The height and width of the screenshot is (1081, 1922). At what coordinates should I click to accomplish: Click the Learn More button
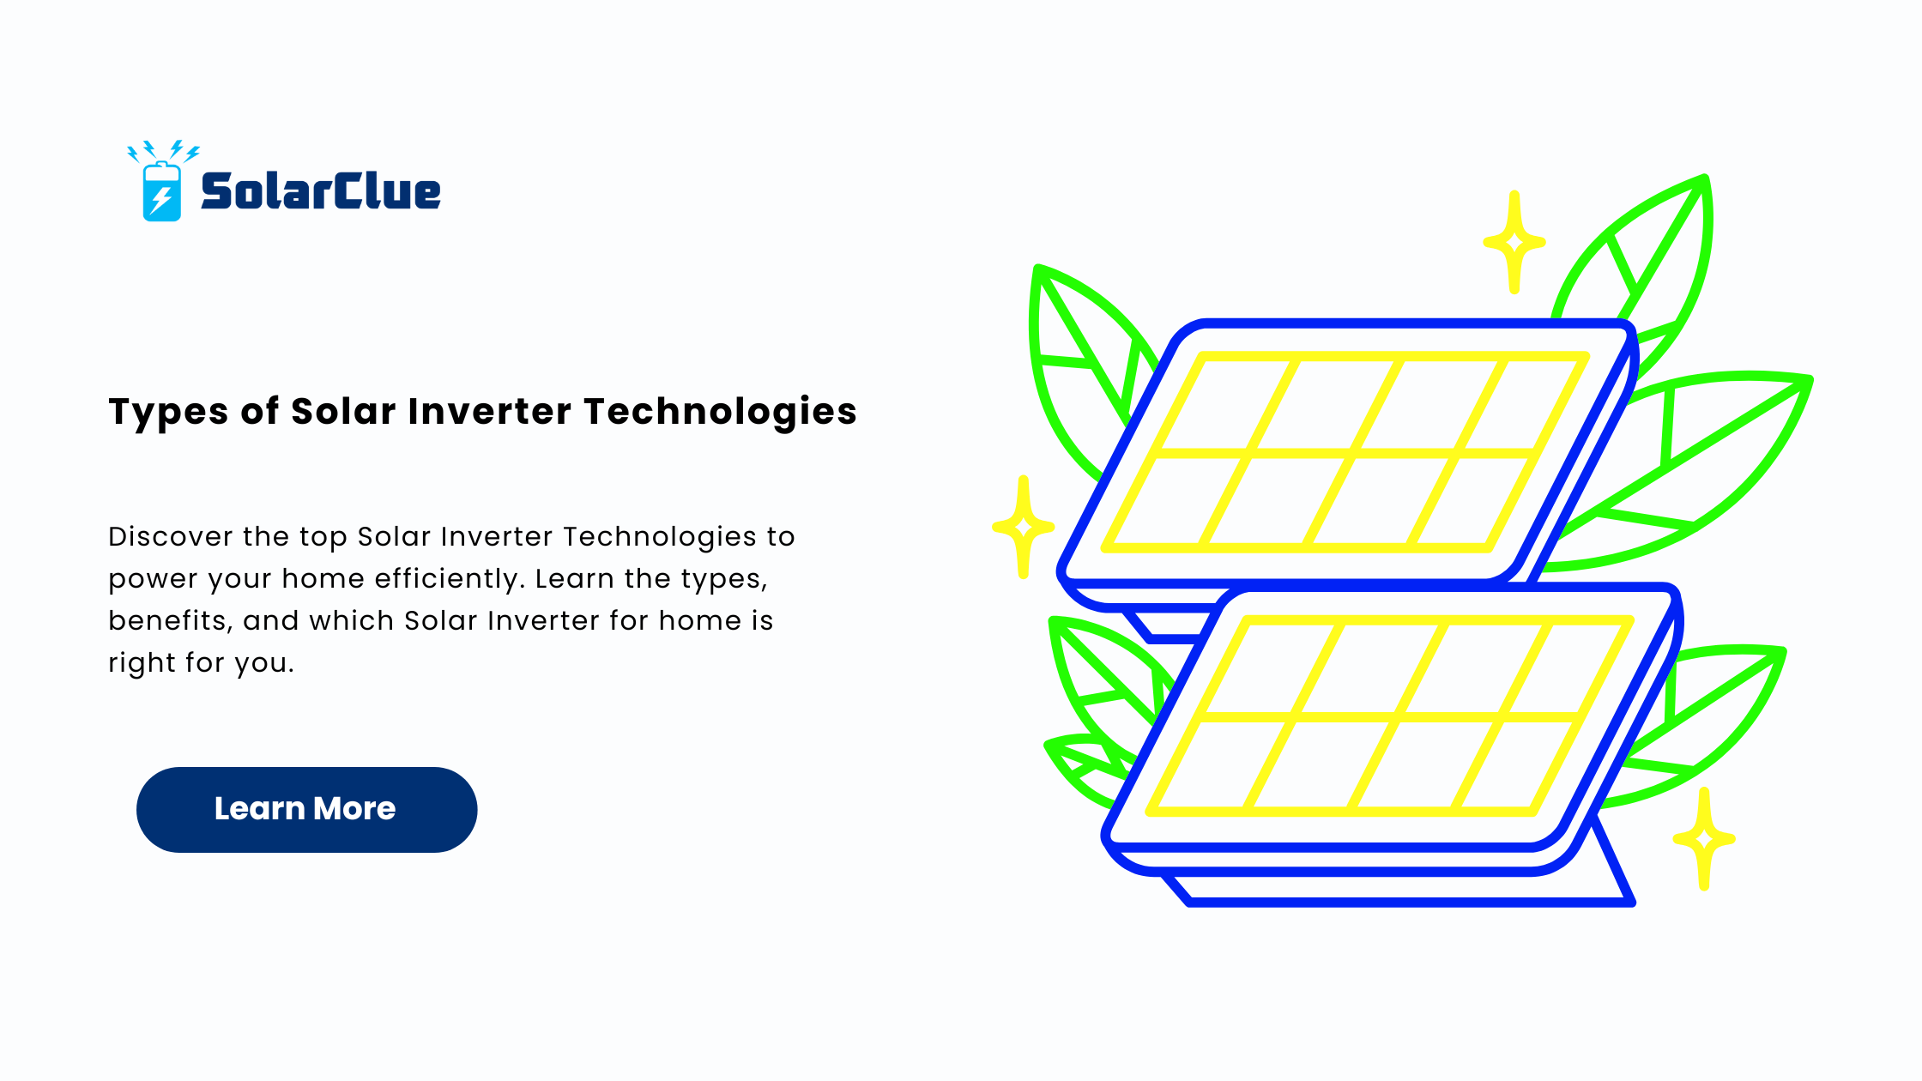point(306,809)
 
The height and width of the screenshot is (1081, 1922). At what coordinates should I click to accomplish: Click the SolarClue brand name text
point(320,190)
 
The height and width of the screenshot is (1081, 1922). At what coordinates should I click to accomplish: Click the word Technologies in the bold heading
point(721,413)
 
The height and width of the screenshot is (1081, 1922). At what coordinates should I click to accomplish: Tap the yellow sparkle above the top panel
point(1514,242)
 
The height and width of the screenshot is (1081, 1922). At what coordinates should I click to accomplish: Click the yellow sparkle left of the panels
point(1023,526)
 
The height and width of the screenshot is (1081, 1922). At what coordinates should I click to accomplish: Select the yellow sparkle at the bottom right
point(1704,839)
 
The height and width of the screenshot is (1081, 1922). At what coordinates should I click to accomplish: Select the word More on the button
point(354,809)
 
